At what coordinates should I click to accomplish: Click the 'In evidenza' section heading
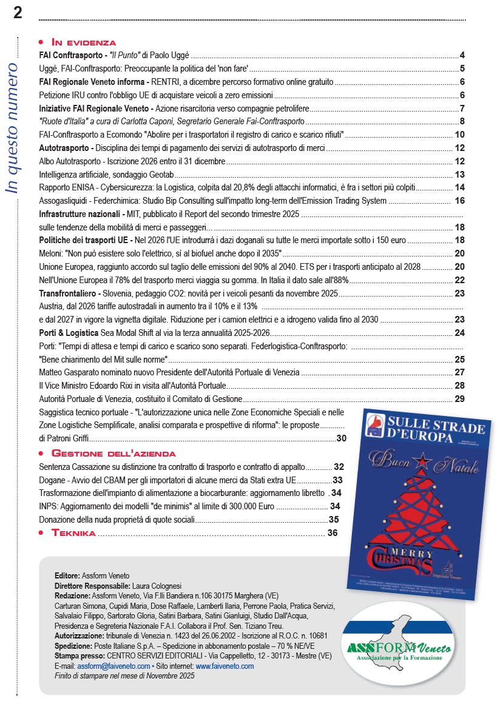84,42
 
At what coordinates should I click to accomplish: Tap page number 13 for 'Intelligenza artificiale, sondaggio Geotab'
459,175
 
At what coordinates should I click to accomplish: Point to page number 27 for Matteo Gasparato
459,372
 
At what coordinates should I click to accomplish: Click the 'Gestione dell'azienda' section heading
113,454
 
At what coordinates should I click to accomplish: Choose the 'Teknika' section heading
73,533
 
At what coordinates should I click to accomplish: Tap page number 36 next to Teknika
332,533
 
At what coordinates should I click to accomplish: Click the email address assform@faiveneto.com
113,666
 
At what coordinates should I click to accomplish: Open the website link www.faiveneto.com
224,666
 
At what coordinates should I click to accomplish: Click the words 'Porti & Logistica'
69,332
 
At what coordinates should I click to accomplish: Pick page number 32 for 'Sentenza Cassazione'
339,466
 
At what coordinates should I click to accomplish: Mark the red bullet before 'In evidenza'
41,42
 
